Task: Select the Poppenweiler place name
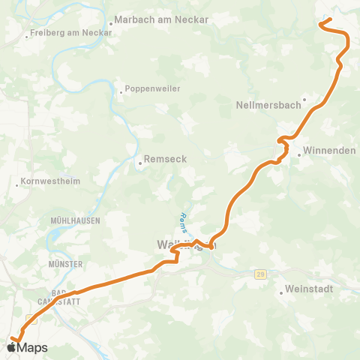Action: tap(154, 88)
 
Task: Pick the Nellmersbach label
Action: tap(268, 104)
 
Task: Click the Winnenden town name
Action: tap(329, 151)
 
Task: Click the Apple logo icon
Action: tap(12, 347)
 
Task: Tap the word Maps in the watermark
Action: tap(33, 347)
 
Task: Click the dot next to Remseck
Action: tap(139, 160)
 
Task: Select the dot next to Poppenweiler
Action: tap(121, 92)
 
